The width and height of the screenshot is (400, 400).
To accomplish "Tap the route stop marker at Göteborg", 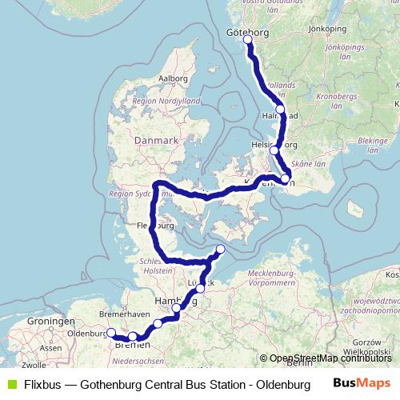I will [248, 39].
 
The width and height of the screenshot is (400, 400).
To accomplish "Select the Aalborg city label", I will [173, 78].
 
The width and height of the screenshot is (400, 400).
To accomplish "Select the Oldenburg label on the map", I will [86, 334].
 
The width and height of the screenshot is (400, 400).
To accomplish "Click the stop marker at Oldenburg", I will [110, 333].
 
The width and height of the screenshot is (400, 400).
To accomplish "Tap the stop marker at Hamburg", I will [177, 307].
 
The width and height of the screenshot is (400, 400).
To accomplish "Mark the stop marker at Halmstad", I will [280, 109].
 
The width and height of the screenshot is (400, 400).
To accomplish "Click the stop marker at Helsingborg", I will [274, 150].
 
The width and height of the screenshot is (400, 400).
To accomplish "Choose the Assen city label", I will [50, 349].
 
